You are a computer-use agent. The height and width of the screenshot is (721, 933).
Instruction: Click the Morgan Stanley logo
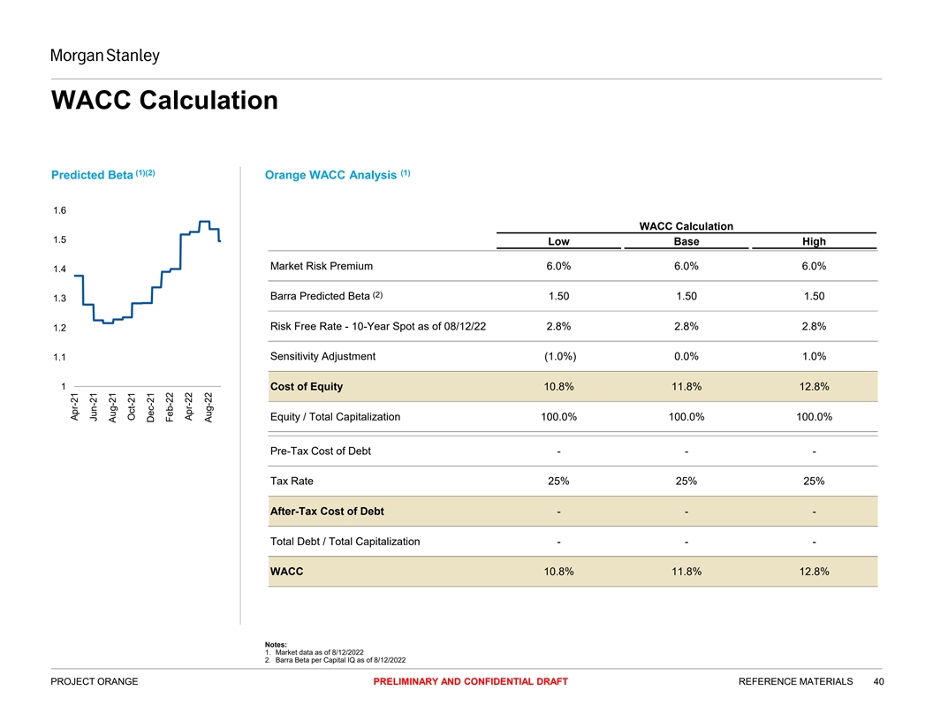point(105,57)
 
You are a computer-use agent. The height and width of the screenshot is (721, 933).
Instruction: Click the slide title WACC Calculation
point(165,100)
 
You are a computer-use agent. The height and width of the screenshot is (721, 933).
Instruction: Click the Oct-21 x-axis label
point(132,407)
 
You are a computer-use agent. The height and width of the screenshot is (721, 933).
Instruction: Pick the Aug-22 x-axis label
point(209,407)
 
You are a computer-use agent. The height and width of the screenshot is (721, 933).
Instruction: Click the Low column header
point(558,241)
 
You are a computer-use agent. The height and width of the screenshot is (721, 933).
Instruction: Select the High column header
point(814,241)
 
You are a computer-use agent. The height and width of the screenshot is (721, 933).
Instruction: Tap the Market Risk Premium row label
point(322,266)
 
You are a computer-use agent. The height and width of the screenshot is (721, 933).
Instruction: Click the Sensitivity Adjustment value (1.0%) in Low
point(558,356)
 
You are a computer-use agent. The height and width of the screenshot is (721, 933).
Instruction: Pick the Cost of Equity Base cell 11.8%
point(686,386)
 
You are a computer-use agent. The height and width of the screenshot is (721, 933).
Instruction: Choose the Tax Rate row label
point(292,482)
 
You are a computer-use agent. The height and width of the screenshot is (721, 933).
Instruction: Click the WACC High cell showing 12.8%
point(814,572)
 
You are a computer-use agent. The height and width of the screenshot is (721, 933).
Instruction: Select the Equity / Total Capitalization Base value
point(686,416)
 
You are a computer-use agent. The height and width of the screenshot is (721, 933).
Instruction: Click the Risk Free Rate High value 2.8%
point(814,326)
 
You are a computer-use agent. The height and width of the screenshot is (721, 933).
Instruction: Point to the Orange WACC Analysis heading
point(331,175)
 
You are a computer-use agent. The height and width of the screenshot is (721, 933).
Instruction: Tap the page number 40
point(878,681)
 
